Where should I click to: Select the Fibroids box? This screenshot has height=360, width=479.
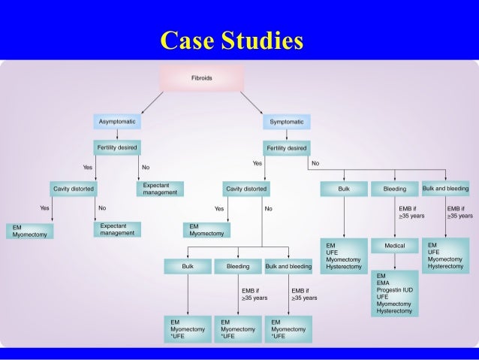coord(202,77)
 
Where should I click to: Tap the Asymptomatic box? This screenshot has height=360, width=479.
coord(116,122)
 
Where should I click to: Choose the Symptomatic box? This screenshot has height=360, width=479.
coord(286,122)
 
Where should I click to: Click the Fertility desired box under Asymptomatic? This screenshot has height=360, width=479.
coord(116,147)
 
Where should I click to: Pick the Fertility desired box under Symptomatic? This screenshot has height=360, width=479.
coord(286,147)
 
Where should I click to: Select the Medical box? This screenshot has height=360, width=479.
coord(395,246)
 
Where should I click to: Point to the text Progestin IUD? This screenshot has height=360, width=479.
coord(396,289)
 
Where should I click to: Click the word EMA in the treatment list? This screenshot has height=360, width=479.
coord(384,283)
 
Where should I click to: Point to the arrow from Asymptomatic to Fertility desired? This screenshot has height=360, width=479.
coord(116,135)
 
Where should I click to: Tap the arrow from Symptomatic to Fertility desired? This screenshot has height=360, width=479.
coord(286,135)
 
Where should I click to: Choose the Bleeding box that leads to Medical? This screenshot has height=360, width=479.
coord(395,189)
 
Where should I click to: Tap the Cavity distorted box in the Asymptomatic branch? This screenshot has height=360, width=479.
coord(73,189)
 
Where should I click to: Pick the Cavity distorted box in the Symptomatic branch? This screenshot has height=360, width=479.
coord(246,189)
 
